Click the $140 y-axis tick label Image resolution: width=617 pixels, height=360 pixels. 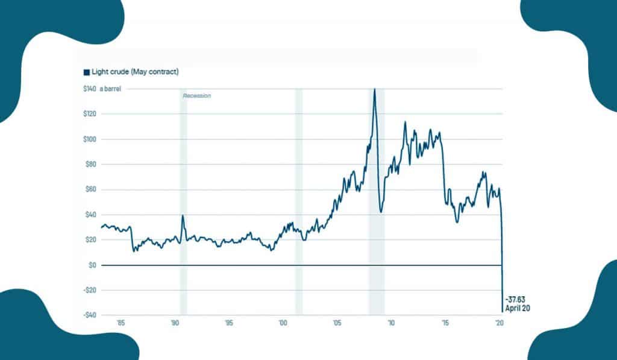click(x=89, y=89)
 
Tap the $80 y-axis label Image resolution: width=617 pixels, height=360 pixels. click(x=90, y=165)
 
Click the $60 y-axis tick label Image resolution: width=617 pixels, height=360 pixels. click(x=90, y=189)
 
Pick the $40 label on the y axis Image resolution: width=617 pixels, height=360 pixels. click(x=90, y=215)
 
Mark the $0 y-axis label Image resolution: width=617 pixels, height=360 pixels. click(x=93, y=265)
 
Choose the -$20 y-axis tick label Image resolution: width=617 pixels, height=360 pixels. click(x=90, y=290)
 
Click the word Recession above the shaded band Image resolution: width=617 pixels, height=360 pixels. click(x=197, y=96)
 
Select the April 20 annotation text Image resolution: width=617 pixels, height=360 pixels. click(x=517, y=308)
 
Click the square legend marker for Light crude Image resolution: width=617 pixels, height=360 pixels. click(x=86, y=72)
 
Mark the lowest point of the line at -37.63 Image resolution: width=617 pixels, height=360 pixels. click(x=503, y=312)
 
